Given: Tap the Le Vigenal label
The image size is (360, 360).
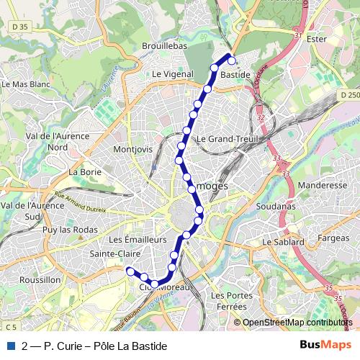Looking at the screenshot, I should [x=172, y=73].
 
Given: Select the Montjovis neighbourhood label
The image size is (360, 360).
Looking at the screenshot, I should [x=133, y=149].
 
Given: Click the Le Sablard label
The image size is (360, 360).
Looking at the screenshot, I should [x=283, y=243].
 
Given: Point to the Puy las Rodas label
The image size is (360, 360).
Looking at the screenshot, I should [x=69, y=230].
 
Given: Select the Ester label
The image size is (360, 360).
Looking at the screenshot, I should [x=316, y=39].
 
